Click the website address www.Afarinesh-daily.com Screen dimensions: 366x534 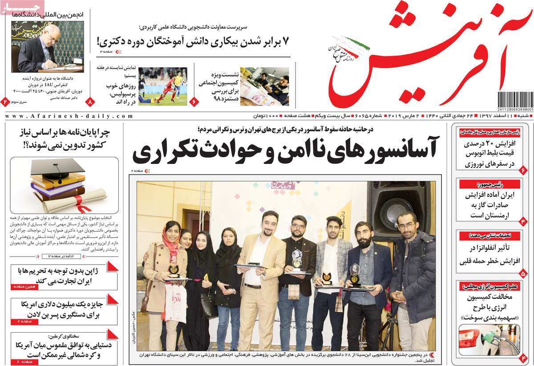pos(69,116)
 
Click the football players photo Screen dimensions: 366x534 pos(162,86)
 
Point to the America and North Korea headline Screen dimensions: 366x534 pos(62,350)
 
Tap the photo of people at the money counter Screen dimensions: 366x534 pos(264,86)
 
